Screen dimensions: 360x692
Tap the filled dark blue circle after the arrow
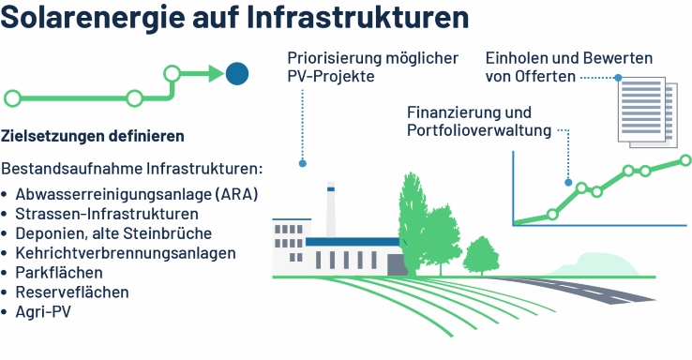236,72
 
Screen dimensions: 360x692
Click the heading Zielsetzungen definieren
93,136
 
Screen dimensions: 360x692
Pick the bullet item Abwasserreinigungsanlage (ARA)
136,194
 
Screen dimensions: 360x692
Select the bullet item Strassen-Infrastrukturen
107,214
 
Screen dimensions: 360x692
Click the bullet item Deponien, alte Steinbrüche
113,233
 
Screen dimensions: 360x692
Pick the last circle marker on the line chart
685,161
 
